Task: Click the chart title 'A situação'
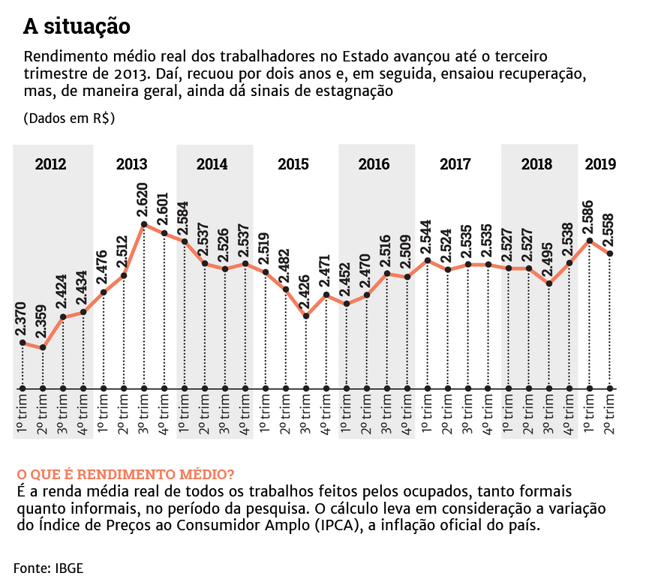(77, 27)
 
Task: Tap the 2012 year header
(50, 164)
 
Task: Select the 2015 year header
(293, 164)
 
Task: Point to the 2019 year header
(600, 164)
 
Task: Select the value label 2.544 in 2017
(428, 235)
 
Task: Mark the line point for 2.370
(23, 343)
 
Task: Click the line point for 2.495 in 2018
(549, 283)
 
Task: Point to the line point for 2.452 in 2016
(347, 304)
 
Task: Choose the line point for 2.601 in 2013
(164, 232)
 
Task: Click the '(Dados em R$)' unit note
(69, 118)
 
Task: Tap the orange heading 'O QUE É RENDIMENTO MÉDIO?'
(125, 475)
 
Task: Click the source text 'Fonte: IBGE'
(48, 567)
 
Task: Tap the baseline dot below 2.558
(610, 388)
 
